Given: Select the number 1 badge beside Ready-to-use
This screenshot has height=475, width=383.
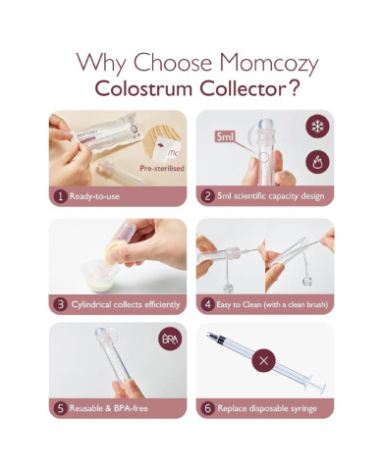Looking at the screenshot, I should tap(60, 195).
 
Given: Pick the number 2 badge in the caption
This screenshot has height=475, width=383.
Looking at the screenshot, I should tap(208, 195).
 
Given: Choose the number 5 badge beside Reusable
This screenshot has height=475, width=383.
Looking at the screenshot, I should tap(60, 406).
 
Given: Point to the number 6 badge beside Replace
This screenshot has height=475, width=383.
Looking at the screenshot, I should tap(208, 406).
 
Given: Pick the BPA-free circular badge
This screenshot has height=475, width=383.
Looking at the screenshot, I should tap(168, 341).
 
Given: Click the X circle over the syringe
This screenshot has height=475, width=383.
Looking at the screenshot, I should tap(263, 360).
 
